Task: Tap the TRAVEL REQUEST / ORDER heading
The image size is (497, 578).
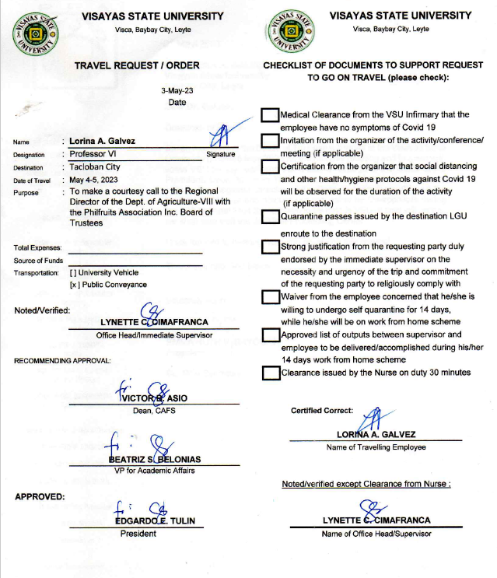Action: pyautogui.click(x=137, y=65)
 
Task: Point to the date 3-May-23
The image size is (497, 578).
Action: pyautogui.click(x=177, y=91)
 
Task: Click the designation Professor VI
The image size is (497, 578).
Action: pyautogui.click(x=94, y=154)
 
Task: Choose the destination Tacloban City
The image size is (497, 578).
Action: pyautogui.click(x=96, y=167)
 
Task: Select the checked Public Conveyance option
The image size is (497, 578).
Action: pyautogui.click(x=75, y=285)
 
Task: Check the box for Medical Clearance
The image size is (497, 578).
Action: pyautogui.click(x=269, y=115)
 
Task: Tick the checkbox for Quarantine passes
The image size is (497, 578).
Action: pyautogui.click(x=269, y=216)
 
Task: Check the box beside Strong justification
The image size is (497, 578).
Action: pyautogui.click(x=269, y=246)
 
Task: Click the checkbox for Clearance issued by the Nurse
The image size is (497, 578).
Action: pyautogui.click(x=269, y=372)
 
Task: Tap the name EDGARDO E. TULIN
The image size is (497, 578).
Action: pyautogui.click(x=154, y=521)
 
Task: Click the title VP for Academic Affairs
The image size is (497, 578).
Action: pyautogui.click(x=154, y=471)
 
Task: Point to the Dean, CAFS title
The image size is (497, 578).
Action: pyautogui.click(x=154, y=410)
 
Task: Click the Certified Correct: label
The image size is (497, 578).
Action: pyautogui.click(x=321, y=410)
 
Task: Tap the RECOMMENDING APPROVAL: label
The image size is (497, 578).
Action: pyautogui.click(x=62, y=360)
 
